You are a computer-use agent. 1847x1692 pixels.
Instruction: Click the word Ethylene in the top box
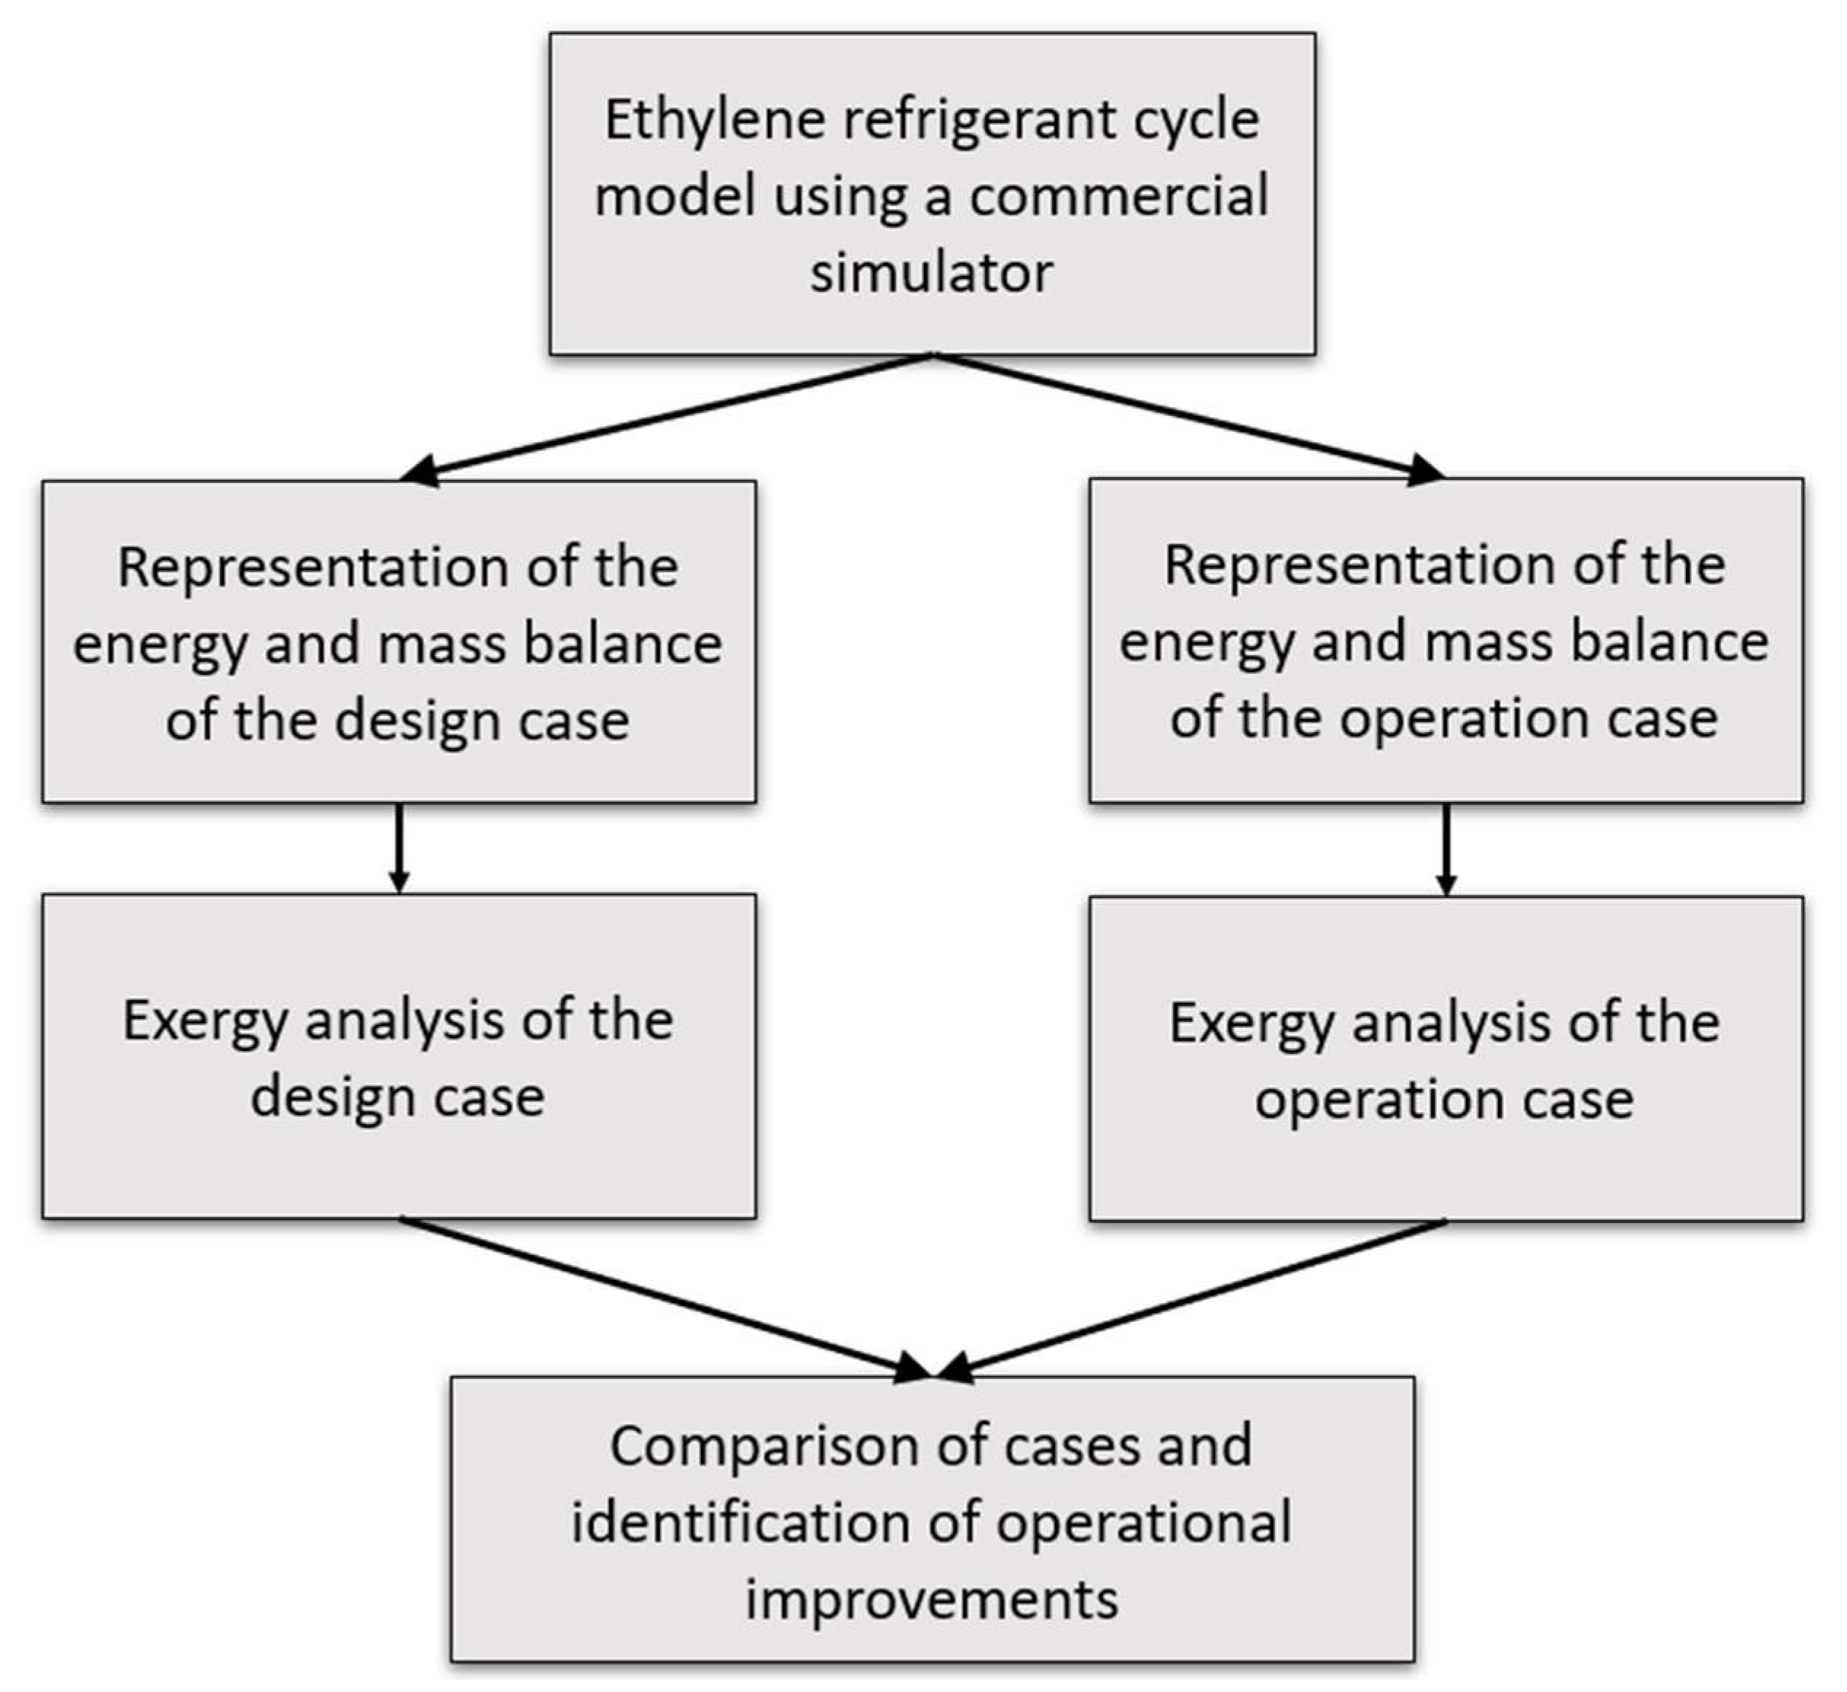[x=715, y=121]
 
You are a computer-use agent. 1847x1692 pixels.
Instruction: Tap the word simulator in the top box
[x=931, y=273]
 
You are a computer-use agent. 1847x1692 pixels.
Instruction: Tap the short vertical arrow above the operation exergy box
[x=1446, y=849]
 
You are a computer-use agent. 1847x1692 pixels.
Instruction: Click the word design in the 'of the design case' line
[x=417, y=721]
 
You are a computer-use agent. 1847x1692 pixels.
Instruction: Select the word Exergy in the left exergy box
[x=205, y=1020]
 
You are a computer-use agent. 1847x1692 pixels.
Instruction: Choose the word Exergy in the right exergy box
[x=1252, y=1023]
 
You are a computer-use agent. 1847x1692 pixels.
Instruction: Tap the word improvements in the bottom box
[x=931, y=1599]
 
